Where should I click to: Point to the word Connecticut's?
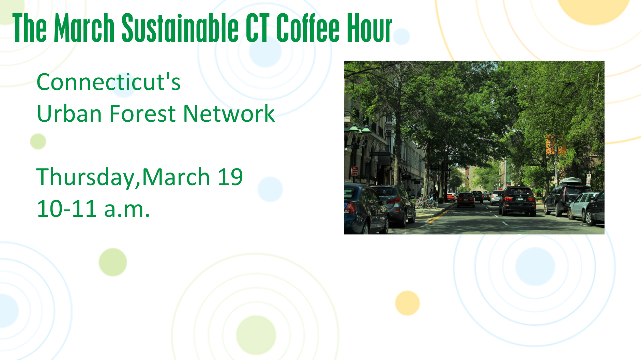tap(108, 82)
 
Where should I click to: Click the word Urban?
tap(69, 114)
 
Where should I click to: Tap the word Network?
tap(229, 114)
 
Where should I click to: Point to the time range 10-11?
tap(66, 209)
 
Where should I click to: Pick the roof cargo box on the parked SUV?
tap(571, 181)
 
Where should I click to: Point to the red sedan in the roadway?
tap(466, 199)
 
